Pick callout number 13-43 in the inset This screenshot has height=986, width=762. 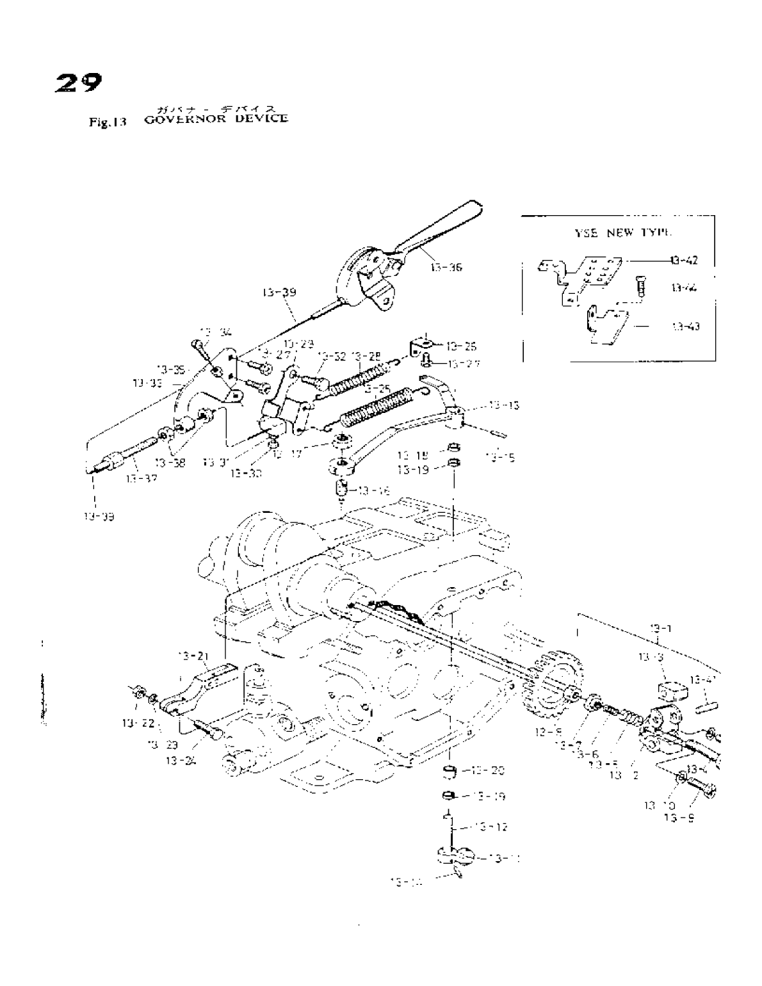(x=685, y=327)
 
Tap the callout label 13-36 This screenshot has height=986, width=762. (x=446, y=268)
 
